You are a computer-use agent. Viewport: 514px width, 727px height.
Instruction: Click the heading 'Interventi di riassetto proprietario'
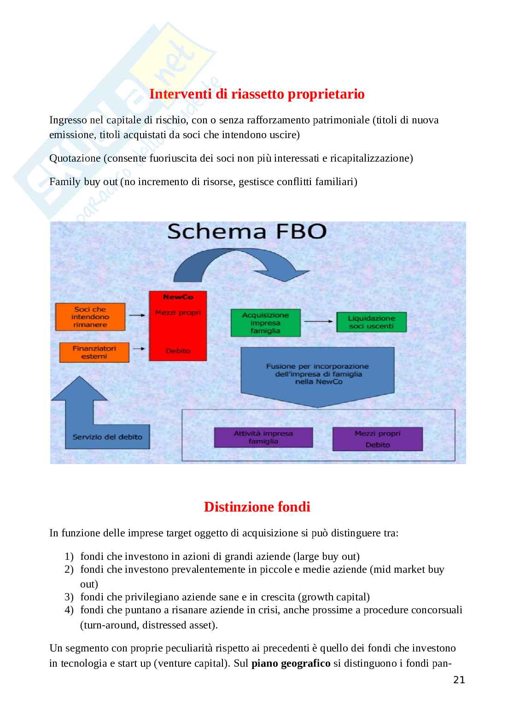point(257,94)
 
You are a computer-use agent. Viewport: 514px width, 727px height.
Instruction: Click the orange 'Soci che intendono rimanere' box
point(90,317)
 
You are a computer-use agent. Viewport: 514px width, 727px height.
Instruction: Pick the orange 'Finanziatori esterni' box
point(94,352)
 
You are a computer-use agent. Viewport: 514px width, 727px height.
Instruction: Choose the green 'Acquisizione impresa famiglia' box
point(265,323)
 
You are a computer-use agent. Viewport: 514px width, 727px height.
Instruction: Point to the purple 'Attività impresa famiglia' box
point(263,437)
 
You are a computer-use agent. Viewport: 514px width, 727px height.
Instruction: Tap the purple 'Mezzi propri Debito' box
point(377,439)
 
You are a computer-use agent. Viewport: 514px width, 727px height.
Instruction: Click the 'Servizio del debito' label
point(107,437)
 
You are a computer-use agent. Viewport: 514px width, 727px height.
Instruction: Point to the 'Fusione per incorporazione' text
point(317,374)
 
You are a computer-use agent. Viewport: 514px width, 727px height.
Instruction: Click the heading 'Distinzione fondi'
point(257,507)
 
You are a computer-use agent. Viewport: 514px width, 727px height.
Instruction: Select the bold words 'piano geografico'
point(291,664)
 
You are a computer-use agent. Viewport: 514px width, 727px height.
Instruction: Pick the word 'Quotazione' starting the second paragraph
point(75,158)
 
